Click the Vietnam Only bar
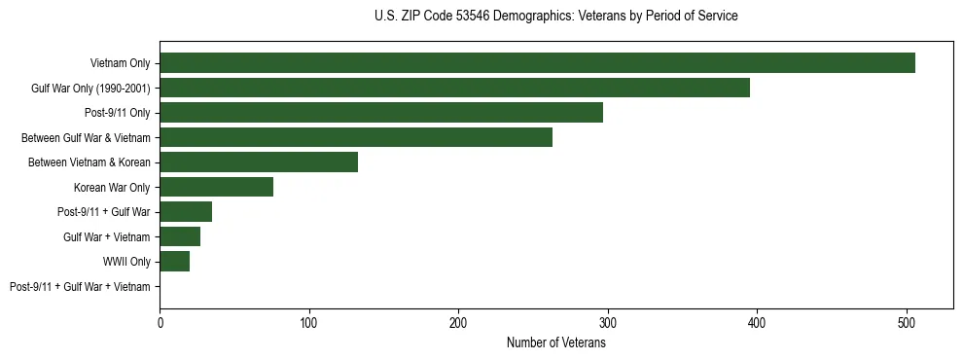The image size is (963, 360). click(x=537, y=63)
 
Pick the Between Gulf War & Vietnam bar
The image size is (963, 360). click(x=356, y=137)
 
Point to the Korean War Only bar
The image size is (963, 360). click(x=216, y=187)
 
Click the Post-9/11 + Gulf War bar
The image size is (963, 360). click(x=186, y=212)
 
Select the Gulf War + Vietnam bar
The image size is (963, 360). click(x=180, y=236)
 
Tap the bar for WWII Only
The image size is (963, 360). click(x=174, y=262)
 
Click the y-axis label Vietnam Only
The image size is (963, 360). click(x=121, y=63)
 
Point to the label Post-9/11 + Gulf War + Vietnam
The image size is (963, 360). click(x=80, y=287)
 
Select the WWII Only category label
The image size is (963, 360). click(x=126, y=262)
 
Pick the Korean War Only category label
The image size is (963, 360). click(x=112, y=187)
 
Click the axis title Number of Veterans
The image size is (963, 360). click(x=556, y=342)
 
